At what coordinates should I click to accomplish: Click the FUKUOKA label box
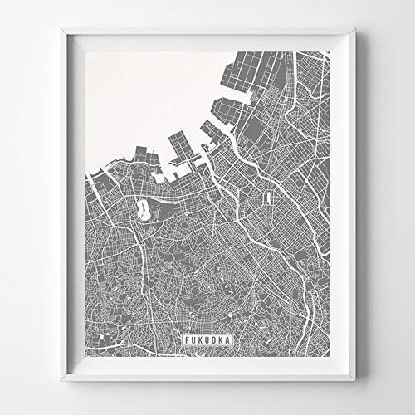[x=207, y=339]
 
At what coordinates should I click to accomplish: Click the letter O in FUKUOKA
[x=213, y=339]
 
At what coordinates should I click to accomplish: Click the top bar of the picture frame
[x=207, y=36]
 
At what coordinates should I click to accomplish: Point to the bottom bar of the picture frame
[x=207, y=374]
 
